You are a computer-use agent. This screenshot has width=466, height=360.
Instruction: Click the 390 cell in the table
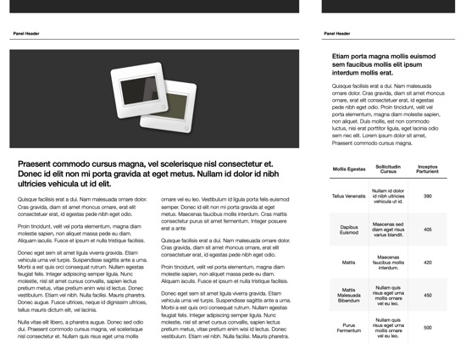click(x=427, y=197)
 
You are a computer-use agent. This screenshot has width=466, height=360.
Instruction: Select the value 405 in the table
click(x=427, y=230)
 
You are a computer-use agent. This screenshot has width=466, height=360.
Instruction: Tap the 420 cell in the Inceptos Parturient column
click(x=427, y=263)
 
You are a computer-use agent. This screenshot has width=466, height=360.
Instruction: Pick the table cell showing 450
click(x=427, y=296)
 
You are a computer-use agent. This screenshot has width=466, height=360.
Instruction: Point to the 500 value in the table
click(x=427, y=328)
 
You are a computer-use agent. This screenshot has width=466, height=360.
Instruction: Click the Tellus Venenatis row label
click(x=349, y=197)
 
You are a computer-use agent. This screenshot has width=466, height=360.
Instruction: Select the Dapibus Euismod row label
click(x=349, y=230)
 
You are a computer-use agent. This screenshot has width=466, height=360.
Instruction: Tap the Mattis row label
click(x=349, y=263)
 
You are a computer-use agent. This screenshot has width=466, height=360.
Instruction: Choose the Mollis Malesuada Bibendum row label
click(x=349, y=296)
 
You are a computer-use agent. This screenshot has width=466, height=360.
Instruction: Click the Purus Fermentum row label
click(x=349, y=328)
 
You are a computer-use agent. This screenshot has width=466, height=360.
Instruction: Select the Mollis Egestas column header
click(x=349, y=169)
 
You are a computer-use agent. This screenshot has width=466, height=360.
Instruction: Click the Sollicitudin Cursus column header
click(x=388, y=169)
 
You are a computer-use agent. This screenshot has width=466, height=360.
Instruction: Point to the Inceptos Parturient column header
click(x=427, y=169)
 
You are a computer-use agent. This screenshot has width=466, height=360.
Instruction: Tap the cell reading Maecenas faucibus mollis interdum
click(x=388, y=263)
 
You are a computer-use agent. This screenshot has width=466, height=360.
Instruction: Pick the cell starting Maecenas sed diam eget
click(x=388, y=230)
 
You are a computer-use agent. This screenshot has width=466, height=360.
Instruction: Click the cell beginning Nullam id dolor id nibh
click(x=388, y=197)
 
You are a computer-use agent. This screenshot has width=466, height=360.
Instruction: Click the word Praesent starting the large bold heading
click(x=36, y=164)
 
